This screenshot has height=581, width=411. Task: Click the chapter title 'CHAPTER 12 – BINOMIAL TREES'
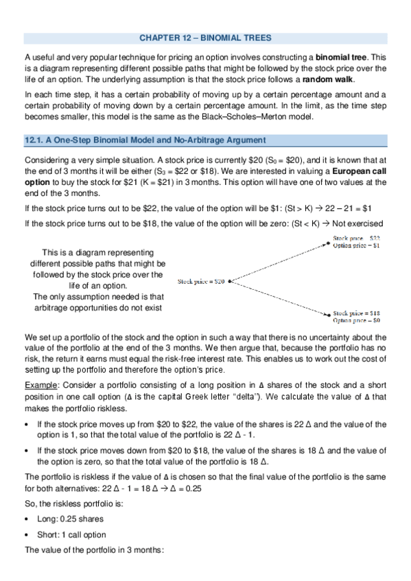point(205,37)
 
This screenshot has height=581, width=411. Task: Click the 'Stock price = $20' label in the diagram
point(202,281)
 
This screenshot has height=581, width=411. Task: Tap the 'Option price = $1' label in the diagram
point(356,245)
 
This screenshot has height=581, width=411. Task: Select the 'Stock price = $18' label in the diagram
point(357,312)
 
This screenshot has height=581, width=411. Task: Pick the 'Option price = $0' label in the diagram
point(357,320)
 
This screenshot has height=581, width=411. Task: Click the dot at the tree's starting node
point(229,281)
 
